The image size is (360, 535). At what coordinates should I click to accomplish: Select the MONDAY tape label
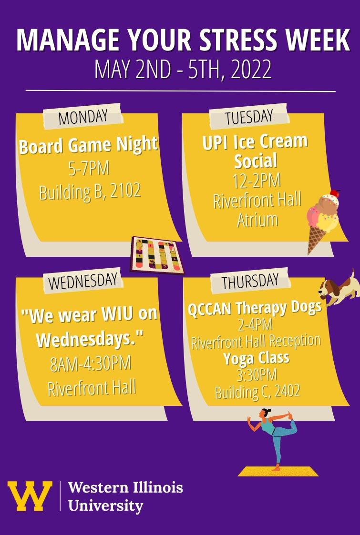coord(82,117)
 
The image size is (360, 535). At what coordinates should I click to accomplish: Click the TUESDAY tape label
coord(249,117)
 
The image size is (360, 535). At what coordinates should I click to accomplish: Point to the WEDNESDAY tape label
coord(82,281)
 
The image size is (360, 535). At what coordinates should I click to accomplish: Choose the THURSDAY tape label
coord(250,282)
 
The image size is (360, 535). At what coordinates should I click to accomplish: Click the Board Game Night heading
coord(89,145)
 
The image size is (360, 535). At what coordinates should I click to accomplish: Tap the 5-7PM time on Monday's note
coord(89,169)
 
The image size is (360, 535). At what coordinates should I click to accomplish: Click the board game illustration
coord(157,255)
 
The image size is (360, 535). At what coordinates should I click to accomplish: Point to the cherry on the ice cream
coord(335,193)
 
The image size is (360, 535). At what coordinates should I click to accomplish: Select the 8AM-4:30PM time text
coord(91,364)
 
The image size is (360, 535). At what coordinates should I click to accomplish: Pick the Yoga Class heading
coord(256,358)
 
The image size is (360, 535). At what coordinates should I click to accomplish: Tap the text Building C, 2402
coord(257,391)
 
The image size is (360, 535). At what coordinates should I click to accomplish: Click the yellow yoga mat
coord(278,472)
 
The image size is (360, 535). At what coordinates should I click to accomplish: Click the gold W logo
coord(30,496)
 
